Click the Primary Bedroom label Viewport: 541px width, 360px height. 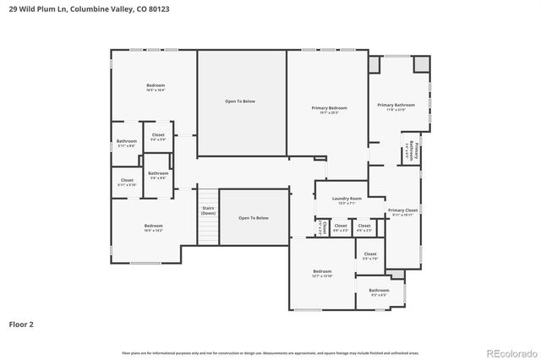329,109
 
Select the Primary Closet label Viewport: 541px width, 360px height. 402,212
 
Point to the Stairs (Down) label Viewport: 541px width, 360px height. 208,211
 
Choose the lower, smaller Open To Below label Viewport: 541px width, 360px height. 254,218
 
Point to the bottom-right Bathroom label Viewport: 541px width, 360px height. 378,292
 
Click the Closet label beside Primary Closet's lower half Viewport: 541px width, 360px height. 370,255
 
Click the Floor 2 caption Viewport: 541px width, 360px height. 22,324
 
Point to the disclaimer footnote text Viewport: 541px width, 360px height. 270,352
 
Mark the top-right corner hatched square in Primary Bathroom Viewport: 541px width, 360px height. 420,65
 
